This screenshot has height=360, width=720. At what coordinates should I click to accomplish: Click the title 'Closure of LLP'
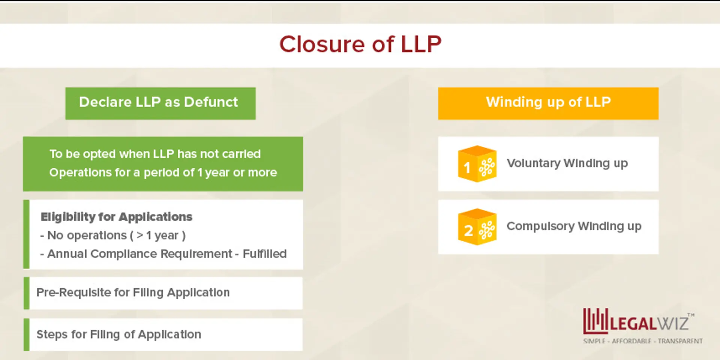pyautogui.click(x=360, y=44)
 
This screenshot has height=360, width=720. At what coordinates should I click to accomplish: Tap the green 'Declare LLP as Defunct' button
pyautogui.click(x=160, y=103)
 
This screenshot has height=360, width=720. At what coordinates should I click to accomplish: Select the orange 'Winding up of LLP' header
pyautogui.click(x=548, y=103)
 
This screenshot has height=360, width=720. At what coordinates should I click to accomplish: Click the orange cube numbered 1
pyautogui.click(x=477, y=164)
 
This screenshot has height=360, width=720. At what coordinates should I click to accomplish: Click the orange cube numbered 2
pyautogui.click(x=477, y=227)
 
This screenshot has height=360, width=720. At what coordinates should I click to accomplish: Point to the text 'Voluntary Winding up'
pyautogui.click(x=567, y=163)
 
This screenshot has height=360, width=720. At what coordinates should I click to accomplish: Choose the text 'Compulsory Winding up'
pyautogui.click(x=574, y=226)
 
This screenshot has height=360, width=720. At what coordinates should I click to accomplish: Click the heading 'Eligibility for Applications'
pyautogui.click(x=116, y=217)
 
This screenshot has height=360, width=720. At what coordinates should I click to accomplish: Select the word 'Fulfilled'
pyautogui.click(x=264, y=254)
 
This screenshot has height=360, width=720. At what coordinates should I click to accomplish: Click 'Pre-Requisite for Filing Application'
pyautogui.click(x=133, y=292)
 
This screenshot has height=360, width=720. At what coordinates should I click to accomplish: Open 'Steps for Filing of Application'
pyautogui.click(x=118, y=334)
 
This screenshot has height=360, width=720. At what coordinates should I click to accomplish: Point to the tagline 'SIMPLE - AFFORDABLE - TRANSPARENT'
pyautogui.click(x=643, y=341)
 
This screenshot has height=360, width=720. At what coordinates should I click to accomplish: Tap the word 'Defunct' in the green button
pyautogui.click(x=211, y=102)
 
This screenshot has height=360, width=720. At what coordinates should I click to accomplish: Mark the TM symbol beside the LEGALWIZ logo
pyautogui.click(x=691, y=315)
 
